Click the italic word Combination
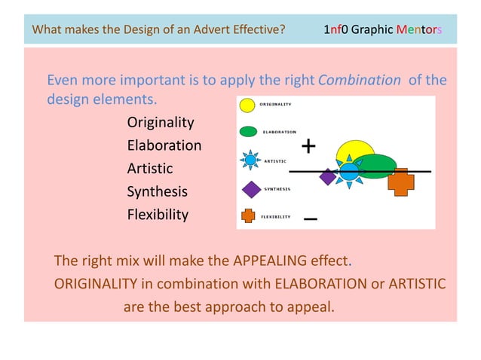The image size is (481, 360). pyautogui.click(x=360, y=80)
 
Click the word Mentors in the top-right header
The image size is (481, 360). pyautogui.click(x=418, y=30)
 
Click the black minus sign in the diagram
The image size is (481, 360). pyautogui.click(x=310, y=219)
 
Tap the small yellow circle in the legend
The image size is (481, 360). pyautogui.click(x=247, y=105)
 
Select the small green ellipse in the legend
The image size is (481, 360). pyautogui.click(x=249, y=132)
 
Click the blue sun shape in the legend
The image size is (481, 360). pyautogui.click(x=250, y=160)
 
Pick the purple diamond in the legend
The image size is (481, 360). pyautogui.click(x=250, y=188)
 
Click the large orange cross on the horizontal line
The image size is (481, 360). pyautogui.click(x=401, y=181)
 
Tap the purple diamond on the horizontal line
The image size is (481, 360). pyautogui.click(x=328, y=177)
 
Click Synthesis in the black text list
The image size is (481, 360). pyautogui.click(x=157, y=191)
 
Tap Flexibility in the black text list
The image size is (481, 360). pyautogui.click(x=158, y=215)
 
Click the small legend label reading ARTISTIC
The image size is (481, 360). pyautogui.click(x=275, y=160)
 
